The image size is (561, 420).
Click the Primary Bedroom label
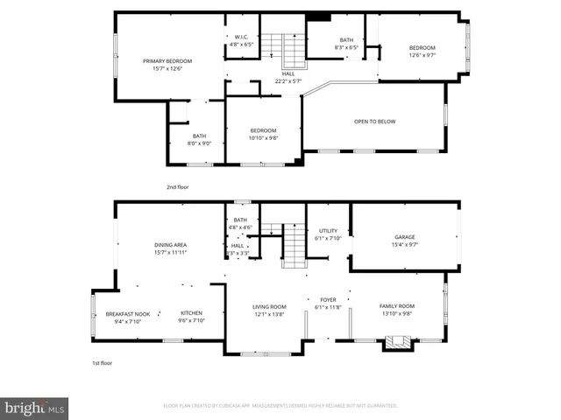pyautogui.click(x=167, y=61)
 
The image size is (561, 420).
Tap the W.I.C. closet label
pyautogui.click(x=241, y=37)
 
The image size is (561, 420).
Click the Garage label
pyautogui.click(x=404, y=237)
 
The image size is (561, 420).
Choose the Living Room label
pyautogui.click(x=270, y=306)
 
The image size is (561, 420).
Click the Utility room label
pyautogui.click(x=328, y=230)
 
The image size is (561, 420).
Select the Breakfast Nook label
pyautogui.click(x=128, y=313)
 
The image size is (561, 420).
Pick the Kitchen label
pyautogui.click(x=192, y=313)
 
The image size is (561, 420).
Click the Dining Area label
pyautogui.click(x=171, y=245)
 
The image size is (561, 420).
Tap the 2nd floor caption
pyautogui.click(x=177, y=187)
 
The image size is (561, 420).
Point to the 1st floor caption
pyautogui.click(x=103, y=362)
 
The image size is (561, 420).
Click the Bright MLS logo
pyautogui.click(x=34, y=407)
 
